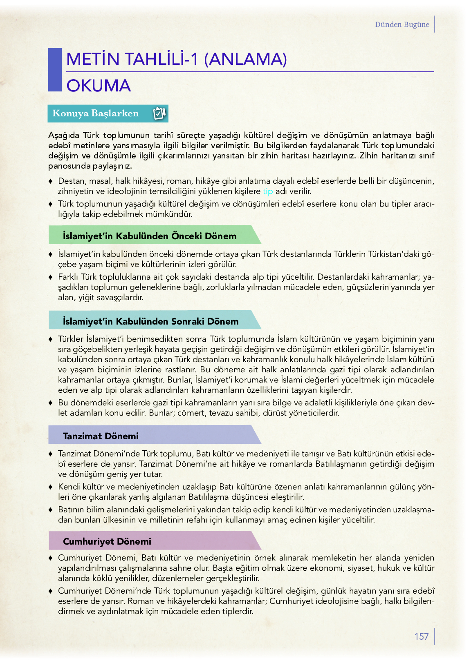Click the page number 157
tap(421, 636)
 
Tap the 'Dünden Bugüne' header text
tap(402, 24)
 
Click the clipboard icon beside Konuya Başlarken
tap(159, 113)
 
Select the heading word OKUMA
tap(99, 86)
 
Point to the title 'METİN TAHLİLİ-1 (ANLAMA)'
tap(176, 59)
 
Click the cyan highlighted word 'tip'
tap(268, 191)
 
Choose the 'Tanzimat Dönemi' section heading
tap(101, 436)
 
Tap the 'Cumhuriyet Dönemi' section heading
tap(107, 541)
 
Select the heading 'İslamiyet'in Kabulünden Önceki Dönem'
tap(150, 236)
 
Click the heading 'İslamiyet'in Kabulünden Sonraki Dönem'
tap(150, 321)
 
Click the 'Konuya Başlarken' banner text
tap(96, 113)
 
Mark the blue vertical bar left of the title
tap(54, 70)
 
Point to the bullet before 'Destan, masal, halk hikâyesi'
tap(51, 181)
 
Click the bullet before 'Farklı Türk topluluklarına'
tap(51, 277)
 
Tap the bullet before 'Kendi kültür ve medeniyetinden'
tap(51, 487)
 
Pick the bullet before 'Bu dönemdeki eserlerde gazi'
tap(51, 403)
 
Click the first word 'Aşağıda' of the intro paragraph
tap(64, 135)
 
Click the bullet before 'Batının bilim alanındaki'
tap(51, 509)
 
